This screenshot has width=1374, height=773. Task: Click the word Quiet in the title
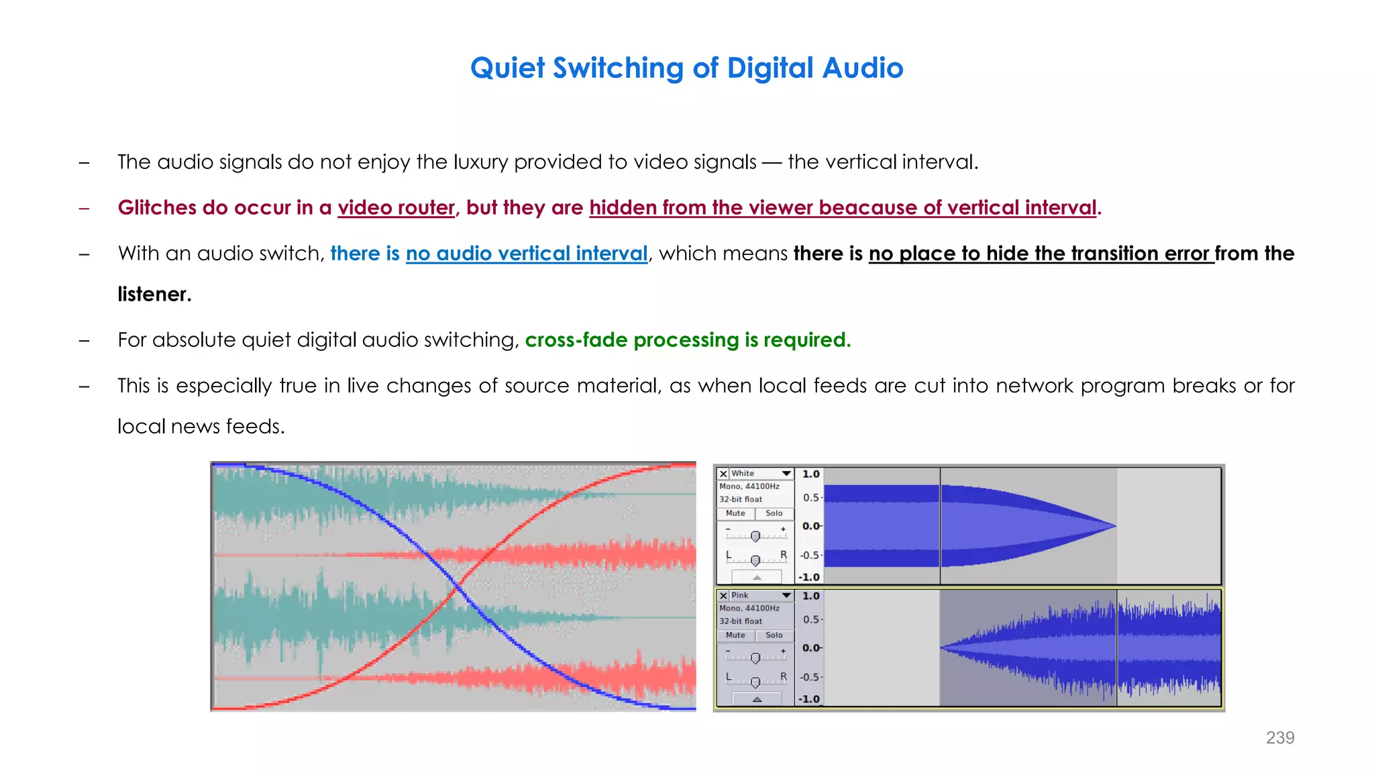[x=507, y=68]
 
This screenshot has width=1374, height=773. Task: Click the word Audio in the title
[x=863, y=68]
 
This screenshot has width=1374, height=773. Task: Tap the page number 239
[x=1279, y=737]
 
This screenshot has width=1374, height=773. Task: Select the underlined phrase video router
[x=396, y=208]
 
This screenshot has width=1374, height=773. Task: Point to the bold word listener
[x=154, y=295]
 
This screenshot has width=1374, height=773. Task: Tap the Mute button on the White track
[x=735, y=513]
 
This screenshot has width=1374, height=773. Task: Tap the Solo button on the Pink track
[x=774, y=635]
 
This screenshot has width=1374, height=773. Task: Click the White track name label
[x=743, y=474]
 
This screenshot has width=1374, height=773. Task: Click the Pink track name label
[x=740, y=596]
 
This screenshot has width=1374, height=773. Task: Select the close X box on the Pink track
[x=723, y=596]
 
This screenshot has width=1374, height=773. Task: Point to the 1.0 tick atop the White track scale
[x=810, y=474]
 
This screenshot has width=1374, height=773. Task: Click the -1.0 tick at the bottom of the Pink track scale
[x=809, y=699]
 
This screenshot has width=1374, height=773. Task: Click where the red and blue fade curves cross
[x=457, y=588]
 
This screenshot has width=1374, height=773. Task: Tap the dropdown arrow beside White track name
[x=786, y=474]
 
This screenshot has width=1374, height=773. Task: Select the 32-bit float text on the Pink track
[x=741, y=621]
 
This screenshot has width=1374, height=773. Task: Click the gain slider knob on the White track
[x=755, y=536]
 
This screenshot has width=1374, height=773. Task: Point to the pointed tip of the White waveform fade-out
[x=1114, y=526]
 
